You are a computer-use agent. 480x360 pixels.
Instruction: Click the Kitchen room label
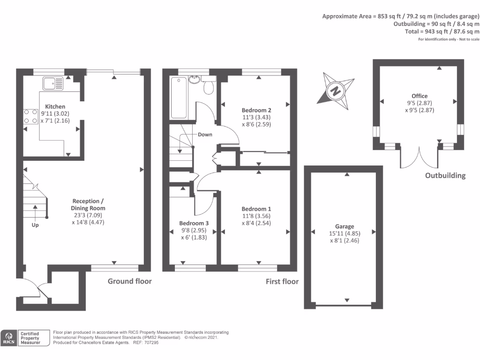pyautogui.click(x=55, y=106)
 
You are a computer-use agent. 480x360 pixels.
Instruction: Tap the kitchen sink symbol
pyautogui.click(x=53, y=83)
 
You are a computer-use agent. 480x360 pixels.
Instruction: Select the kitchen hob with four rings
pyautogui.click(x=31, y=117)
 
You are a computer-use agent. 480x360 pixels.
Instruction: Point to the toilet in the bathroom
pyautogui.click(x=209, y=85)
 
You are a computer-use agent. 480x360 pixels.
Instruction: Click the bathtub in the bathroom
pyautogui.click(x=179, y=97)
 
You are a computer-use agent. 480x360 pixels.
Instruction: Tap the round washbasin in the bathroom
pyautogui.click(x=194, y=80)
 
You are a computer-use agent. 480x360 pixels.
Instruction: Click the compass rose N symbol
pyautogui.click(x=336, y=91)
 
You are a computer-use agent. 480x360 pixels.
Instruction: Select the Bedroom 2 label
pyautogui.click(x=256, y=110)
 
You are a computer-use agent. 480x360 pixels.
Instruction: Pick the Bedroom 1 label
pyautogui.click(x=256, y=209)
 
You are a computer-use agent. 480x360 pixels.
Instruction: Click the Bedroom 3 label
pyautogui.click(x=194, y=223)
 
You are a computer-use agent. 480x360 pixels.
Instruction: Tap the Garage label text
pyautogui.click(x=345, y=226)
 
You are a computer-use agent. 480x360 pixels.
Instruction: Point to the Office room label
pyautogui.click(x=420, y=96)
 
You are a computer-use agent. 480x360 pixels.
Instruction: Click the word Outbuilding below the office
pyautogui.click(x=445, y=176)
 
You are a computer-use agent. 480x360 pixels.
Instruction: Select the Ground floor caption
pyautogui.click(x=129, y=281)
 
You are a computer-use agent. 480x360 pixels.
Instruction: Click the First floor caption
pyautogui.click(x=282, y=281)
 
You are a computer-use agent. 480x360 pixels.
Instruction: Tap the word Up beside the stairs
pyautogui.click(x=35, y=225)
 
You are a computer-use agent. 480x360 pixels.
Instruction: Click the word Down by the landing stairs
pyautogui.click(x=205, y=135)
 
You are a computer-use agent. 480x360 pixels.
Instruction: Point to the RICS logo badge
pyautogui.click(x=25, y=338)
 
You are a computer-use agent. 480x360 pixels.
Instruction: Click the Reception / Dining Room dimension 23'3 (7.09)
pyautogui.click(x=88, y=215)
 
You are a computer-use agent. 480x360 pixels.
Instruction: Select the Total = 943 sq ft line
pyautogui.click(x=442, y=31)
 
